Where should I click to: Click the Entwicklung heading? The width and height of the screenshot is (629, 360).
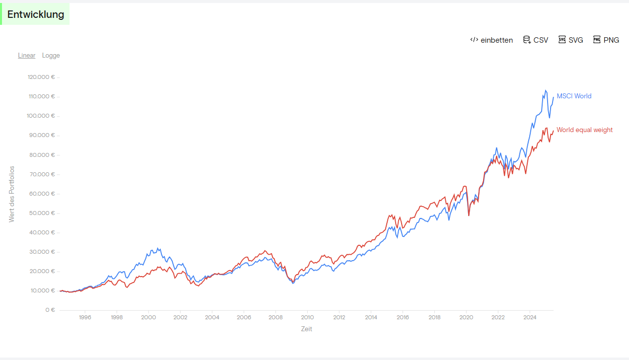(x=36, y=14)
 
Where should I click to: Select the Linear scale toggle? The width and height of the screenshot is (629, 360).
(x=27, y=56)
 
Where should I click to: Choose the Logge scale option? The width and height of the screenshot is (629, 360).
(x=51, y=56)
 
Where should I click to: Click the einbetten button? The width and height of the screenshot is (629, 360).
(x=491, y=40)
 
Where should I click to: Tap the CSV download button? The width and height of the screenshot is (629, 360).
(x=536, y=40)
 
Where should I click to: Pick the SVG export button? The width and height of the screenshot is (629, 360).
(x=571, y=40)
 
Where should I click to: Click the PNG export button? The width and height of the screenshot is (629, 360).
(x=606, y=40)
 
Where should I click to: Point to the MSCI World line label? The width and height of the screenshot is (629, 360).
(x=574, y=96)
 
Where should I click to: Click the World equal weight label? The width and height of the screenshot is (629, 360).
(x=584, y=130)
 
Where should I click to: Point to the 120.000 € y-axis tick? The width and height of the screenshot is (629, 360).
(x=41, y=77)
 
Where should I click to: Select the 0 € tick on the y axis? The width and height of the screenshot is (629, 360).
(x=50, y=310)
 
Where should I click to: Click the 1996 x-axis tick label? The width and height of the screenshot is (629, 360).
(x=85, y=317)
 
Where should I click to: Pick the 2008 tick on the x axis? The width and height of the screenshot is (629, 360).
(x=276, y=317)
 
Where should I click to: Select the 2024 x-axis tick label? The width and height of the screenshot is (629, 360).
(x=530, y=317)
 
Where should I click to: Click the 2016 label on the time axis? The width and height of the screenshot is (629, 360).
(x=403, y=317)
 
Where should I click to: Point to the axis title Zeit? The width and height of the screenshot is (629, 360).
(x=306, y=329)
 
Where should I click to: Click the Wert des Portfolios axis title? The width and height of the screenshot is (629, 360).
(x=11, y=194)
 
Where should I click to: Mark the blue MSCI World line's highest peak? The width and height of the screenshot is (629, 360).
(x=546, y=90)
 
